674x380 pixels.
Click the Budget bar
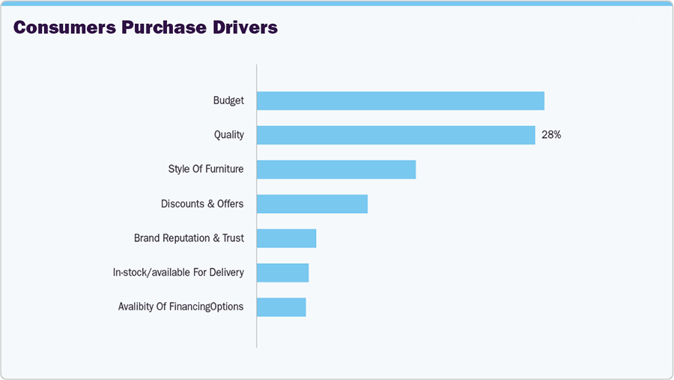point(400,100)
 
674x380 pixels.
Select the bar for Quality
point(395,135)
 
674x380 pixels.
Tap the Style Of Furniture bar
point(336,169)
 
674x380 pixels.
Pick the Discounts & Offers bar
point(312,204)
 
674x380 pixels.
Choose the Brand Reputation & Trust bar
point(286,238)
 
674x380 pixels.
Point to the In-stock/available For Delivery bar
point(282,272)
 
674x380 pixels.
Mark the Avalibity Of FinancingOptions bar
point(281,307)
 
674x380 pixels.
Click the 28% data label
point(551,135)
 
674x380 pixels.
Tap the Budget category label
point(228,100)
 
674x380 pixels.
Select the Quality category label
point(229,135)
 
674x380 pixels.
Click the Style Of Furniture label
point(206,169)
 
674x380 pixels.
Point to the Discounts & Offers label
point(202,204)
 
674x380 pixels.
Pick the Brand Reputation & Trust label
point(189,238)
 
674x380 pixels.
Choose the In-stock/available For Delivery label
point(178,272)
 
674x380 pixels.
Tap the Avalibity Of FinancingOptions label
point(180,307)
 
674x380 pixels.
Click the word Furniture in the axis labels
point(225,169)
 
